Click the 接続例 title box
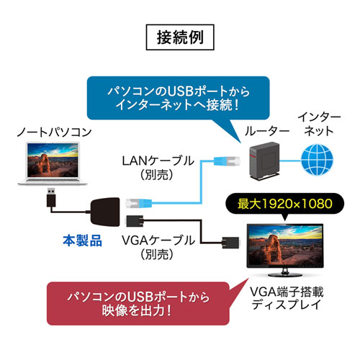[x=179, y=37]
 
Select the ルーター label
[x=261, y=132]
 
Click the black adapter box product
[x=108, y=210]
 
